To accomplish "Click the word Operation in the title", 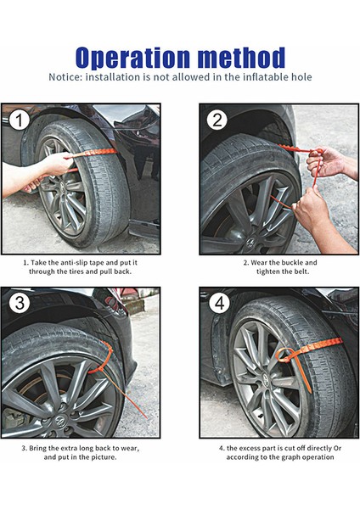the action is click(132, 59).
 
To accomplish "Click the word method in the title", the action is click(241, 57).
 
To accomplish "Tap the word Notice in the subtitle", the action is click(65, 77).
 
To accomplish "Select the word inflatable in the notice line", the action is click(259, 77).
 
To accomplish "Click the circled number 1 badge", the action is click(20, 120).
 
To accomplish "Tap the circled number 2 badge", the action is click(217, 120).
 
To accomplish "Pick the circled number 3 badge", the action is click(20, 303).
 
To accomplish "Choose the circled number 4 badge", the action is click(219, 303).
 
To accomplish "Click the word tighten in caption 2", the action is click(267, 271).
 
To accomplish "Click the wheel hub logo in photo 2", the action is click(250, 243).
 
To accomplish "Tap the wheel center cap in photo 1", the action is click(61, 187).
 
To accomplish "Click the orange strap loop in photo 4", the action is click(285, 355).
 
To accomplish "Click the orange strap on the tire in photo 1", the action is click(95, 152).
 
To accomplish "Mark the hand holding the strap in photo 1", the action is click(56, 164).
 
